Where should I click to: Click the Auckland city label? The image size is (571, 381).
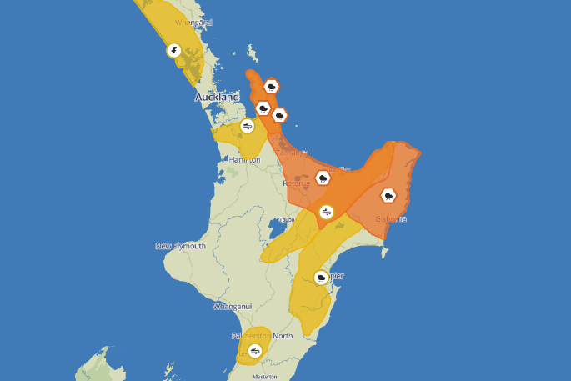pyautogui.click(x=217, y=98)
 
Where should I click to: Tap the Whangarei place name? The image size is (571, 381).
pyautogui.click(x=193, y=23)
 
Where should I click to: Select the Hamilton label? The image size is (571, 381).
pyautogui.click(x=243, y=159)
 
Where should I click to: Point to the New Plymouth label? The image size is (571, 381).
pyautogui.click(x=180, y=246)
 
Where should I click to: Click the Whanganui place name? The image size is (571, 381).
pyautogui.click(x=232, y=307)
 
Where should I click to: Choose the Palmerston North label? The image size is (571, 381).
pyautogui.click(x=262, y=336)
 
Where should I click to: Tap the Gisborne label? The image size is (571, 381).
pyautogui.click(x=391, y=218)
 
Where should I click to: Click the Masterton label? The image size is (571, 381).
pyautogui.click(x=265, y=377)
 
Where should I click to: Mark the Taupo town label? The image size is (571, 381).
pyautogui.click(x=286, y=219)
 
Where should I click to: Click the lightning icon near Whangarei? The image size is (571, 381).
pyautogui.click(x=173, y=51)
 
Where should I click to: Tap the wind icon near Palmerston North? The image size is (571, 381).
pyautogui.click(x=255, y=351)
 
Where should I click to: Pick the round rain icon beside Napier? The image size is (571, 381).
pyautogui.click(x=321, y=277)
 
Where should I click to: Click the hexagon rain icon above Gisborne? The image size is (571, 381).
pyautogui.click(x=388, y=196)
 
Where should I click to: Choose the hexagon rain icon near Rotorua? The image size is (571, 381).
pyautogui.click(x=322, y=177)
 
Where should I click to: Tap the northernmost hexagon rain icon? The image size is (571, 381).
pyautogui.click(x=271, y=86)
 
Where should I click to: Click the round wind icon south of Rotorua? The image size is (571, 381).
pyautogui.click(x=327, y=212)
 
